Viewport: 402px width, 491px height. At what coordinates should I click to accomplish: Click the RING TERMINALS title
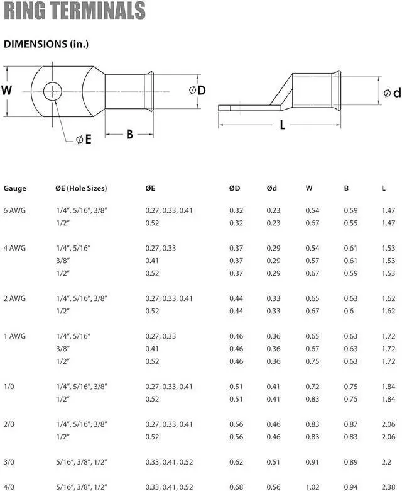point(75,11)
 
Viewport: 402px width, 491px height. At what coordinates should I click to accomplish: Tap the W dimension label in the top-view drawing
point(7,90)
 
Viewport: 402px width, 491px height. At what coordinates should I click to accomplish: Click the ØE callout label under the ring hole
point(84,140)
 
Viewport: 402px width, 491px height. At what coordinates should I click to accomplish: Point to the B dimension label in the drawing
point(129,134)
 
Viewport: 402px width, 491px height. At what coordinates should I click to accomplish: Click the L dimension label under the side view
point(282,125)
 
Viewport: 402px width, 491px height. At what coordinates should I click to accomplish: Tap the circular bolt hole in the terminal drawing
point(53,92)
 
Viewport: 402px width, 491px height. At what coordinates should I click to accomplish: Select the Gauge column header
point(15,188)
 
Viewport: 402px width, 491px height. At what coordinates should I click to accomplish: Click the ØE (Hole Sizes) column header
point(81,188)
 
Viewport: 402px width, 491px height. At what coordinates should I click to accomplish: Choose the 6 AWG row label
point(16,211)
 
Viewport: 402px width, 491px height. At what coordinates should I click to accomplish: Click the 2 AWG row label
point(16,298)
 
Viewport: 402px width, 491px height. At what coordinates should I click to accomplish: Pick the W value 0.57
point(312,261)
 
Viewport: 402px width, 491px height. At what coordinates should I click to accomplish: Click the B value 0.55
point(350,223)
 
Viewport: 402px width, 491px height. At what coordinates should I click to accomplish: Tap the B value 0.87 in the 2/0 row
point(350,424)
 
